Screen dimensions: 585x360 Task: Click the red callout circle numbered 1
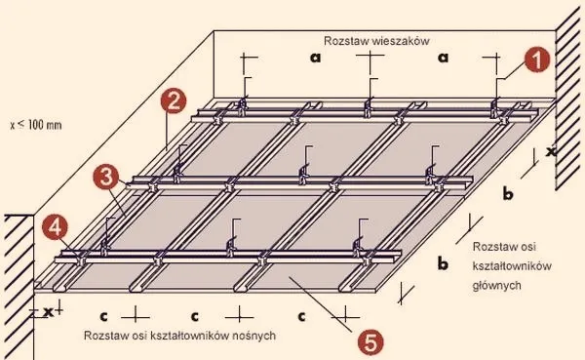pyautogui.click(x=537, y=60)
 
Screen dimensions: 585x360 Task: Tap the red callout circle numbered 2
pyautogui.click(x=174, y=101)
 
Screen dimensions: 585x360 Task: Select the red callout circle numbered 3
pyautogui.click(x=106, y=177)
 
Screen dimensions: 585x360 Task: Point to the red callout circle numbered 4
pyautogui.click(x=55, y=226)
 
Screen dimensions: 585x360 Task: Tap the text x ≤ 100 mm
pyautogui.click(x=36, y=125)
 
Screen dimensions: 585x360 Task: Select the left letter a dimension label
pyautogui.click(x=315, y=58)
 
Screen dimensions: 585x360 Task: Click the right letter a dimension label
pyautogui.click(x=443, y=58)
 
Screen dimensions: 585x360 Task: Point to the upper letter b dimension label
pyautogui.click(x=508, y=193)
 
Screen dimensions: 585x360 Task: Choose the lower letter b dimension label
pyautogui.click(x=443, y=263)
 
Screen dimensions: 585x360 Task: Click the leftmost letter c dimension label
pyautogui.click(x=103, y=316)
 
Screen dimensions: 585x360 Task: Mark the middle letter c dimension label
pyautogui.click(x=194, y=316)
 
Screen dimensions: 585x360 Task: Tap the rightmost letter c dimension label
pyautogui.click(x=301, y=316)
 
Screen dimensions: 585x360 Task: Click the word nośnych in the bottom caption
pyautogui.click(x=253, y=336)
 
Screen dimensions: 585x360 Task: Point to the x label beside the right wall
pyautogui.click(x=551, y=151)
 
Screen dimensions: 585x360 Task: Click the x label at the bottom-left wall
pyautogui.click(x=48, y=312)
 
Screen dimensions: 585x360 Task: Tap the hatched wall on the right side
pyautogui.click(x=568, y=98)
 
